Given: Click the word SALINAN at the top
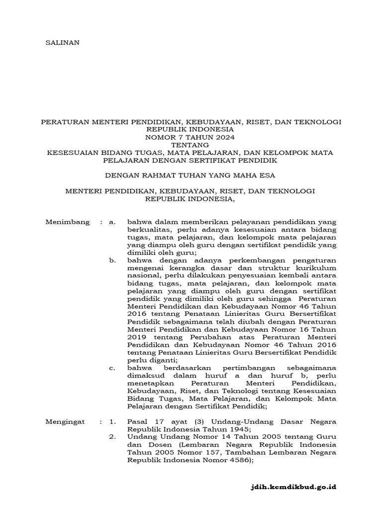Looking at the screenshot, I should [62, 43].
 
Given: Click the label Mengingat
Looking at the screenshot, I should [65, 421].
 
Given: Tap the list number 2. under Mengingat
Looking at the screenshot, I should [112, 437].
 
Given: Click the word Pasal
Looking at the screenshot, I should [137, 421].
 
